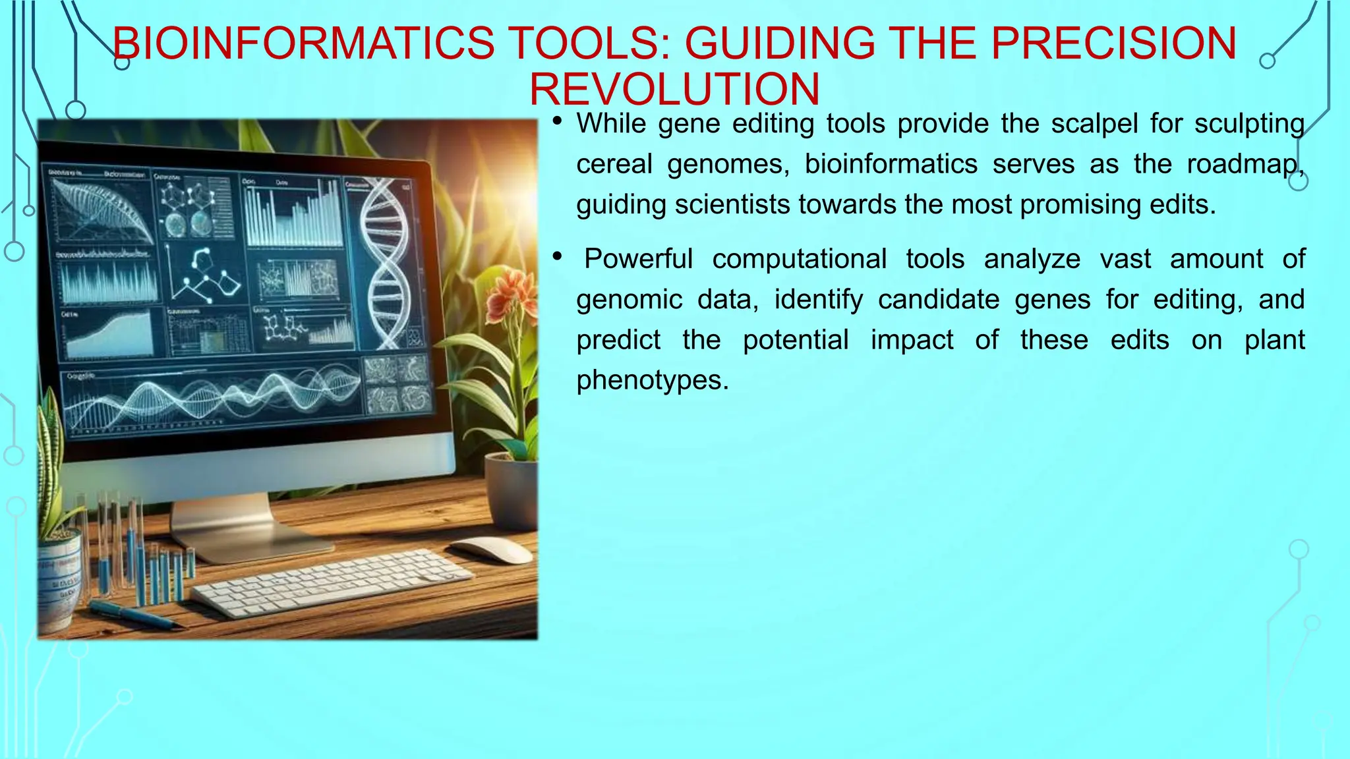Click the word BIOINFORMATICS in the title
coord(303,43)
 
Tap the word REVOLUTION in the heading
coord(674,89)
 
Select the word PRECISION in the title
coord(1113,43)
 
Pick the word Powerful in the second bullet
coord(638,259)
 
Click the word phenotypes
coord(652,380)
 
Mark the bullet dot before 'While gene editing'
coord(558,121)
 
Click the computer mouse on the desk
coord(491,549)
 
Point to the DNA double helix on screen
coord(386,264)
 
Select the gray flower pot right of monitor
coord(511,488)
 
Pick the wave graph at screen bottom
coord(211,395)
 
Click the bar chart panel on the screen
coord(293,211)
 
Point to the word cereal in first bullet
coord(614,164)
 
